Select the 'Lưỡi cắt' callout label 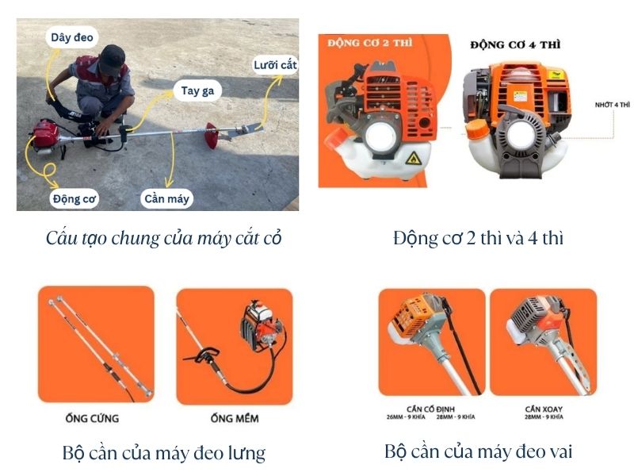point(275,65)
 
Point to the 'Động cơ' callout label point(74,199)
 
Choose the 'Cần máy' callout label point(166,199)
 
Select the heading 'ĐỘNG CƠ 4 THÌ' point(514,44)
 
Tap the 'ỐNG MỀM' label point(235,418)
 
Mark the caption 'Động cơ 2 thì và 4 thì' point(478,237)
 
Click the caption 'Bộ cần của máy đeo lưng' point(163,453)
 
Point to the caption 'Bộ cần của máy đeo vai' point(478,451)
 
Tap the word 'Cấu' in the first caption point(61,237)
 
